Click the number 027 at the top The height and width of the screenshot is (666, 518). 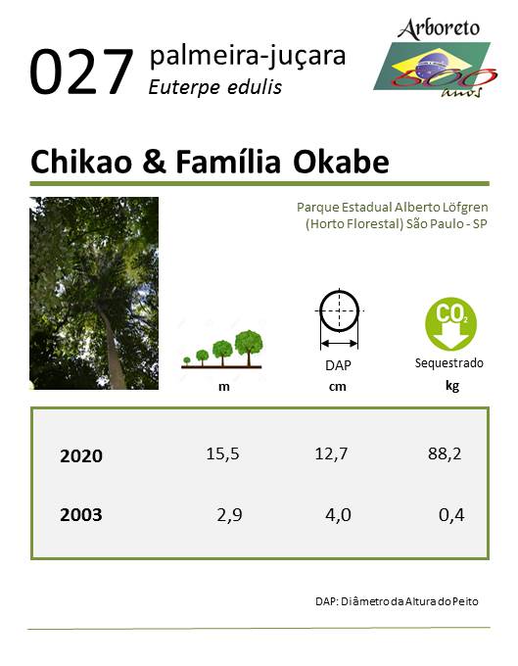pyautogui.click(x=81, y=71)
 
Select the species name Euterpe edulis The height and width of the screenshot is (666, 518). pyautogui.click(x=214, y=87)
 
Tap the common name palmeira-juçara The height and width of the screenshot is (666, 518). pyautogui.click(x=248, y=57)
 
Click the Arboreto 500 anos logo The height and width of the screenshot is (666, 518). pyautogui.click(x=436, y=58)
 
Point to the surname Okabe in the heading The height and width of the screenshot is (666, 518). pyautogui.click(x=341, y=162)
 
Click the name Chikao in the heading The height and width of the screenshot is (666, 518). pyautogui.click(x=81, y=162)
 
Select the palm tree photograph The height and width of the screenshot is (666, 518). pyautogui.click(x=94, y=293)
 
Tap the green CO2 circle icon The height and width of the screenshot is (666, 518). pyautogui.click(x=450, y=323)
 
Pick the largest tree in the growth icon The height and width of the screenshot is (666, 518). pyautogui.click(x=249, y=348)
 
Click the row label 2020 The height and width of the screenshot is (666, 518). pyautogui.click(x=81, y=455)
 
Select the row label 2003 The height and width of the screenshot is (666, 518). pyautogui.click(x=81, y=515)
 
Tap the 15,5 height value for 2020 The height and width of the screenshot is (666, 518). pyautogui.click(x=223, y=454)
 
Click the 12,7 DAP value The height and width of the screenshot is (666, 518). pyautogui.click(x=331, y=454)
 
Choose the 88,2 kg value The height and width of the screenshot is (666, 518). pyautogui.click(x=445, y=454)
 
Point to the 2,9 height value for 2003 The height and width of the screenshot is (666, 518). pyautogui.click(x=230, y=515)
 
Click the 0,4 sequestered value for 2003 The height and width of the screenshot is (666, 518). pyautogui.click(x=451, y=515)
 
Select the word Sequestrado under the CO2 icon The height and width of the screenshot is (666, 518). pyautogui.click(x=449, y=363)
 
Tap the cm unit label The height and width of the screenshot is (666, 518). pyautogui.click(x=338, y=387)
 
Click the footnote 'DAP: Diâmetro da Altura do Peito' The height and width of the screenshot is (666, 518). pyautogui.click(x=397, y=601)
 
